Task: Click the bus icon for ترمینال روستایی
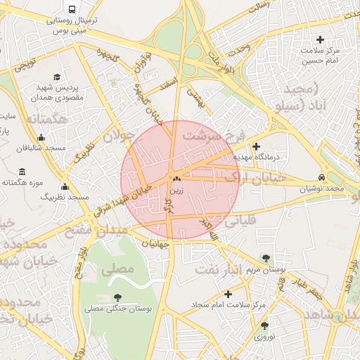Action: [x=72, y=9]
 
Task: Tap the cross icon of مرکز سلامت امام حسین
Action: [x=321, y=39]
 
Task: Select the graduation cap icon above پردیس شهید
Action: [x=56, y=77]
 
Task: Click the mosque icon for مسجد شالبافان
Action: [x=41, y=137]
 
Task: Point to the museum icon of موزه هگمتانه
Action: [x=22, y=172]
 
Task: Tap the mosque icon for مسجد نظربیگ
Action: [x=65, y=187]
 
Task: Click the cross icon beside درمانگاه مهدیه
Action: [x=256, y=146]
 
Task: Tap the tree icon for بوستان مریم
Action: [x=265, y=259]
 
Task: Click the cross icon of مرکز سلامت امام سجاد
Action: [x=227, y=294]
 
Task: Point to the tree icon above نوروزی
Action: [x=264, y=326]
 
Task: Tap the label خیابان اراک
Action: [x=255, y=178]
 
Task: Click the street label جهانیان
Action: [x=155, y=243]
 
